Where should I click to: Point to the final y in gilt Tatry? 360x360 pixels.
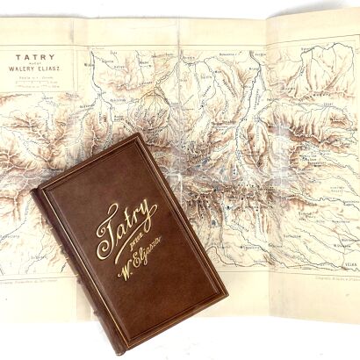pyautogui.click(x=148, y=216)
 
